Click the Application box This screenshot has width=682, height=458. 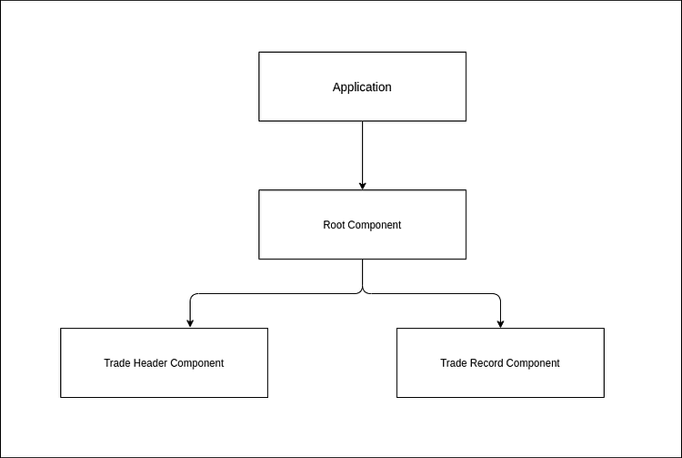tap(362, 87)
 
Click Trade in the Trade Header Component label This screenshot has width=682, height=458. tap(117, 363)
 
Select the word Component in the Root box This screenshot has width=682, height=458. tap(375, 225)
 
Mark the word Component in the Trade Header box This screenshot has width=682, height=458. tap(197, 363)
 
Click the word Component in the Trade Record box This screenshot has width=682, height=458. tap(533, 363)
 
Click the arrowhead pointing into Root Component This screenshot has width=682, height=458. tap(363, 185)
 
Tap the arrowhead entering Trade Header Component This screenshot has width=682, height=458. tap(190, 323)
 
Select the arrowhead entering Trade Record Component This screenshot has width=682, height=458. tap(500, 323)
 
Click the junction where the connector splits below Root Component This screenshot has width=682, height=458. tap(363, 292)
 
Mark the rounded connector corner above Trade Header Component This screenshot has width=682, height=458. tap(192, 296)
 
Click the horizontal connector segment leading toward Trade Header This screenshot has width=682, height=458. tap(273, 294)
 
